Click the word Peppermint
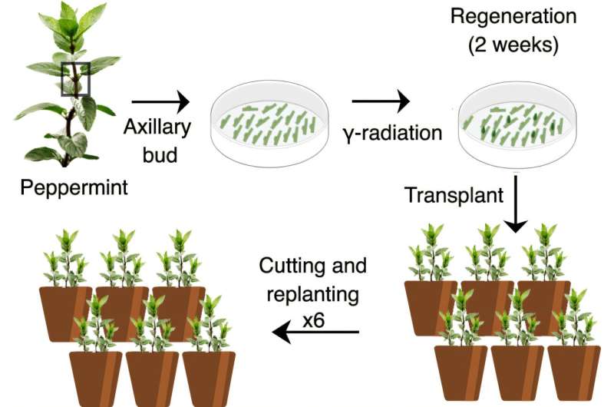tap(74, 187)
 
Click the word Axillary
tap(157, 127)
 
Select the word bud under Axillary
tap(160, 154)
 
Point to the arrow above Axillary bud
tap(160, 102)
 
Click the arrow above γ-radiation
tap(381, 101)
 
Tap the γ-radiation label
tap(393, 133)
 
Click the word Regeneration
tap(513, 16)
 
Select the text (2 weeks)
tap(513, 45)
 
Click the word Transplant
tap(454, 195)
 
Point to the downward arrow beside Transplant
tap(516, 203)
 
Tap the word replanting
tap(312, 295)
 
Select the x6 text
tap(313, 320)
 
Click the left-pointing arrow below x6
tap(315, 333)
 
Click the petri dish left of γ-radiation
tap(269, 124)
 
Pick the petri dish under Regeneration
tap(517, 124)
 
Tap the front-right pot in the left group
tap(209, 378)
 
